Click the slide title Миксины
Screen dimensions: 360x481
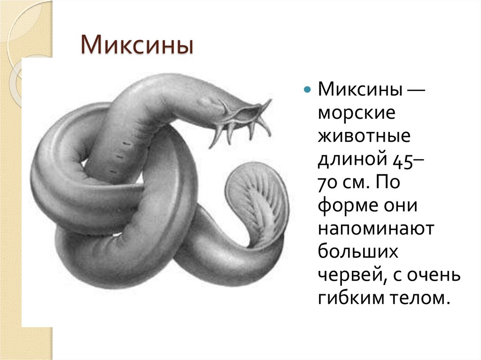click(x=137, y=48)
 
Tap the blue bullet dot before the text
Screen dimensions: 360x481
click(x=307, y=89)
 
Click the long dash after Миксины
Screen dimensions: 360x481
click(x=415, y=90)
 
